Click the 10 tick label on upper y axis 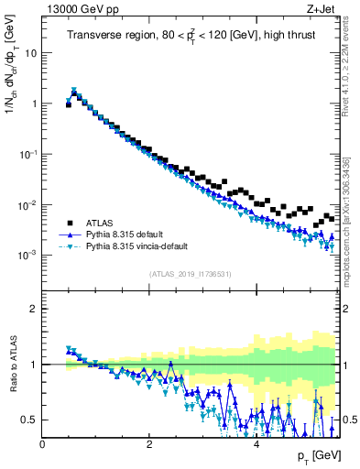(30, 53)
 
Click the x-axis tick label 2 (149, 444)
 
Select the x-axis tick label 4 (256, 444)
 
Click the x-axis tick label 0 (42, 444)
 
